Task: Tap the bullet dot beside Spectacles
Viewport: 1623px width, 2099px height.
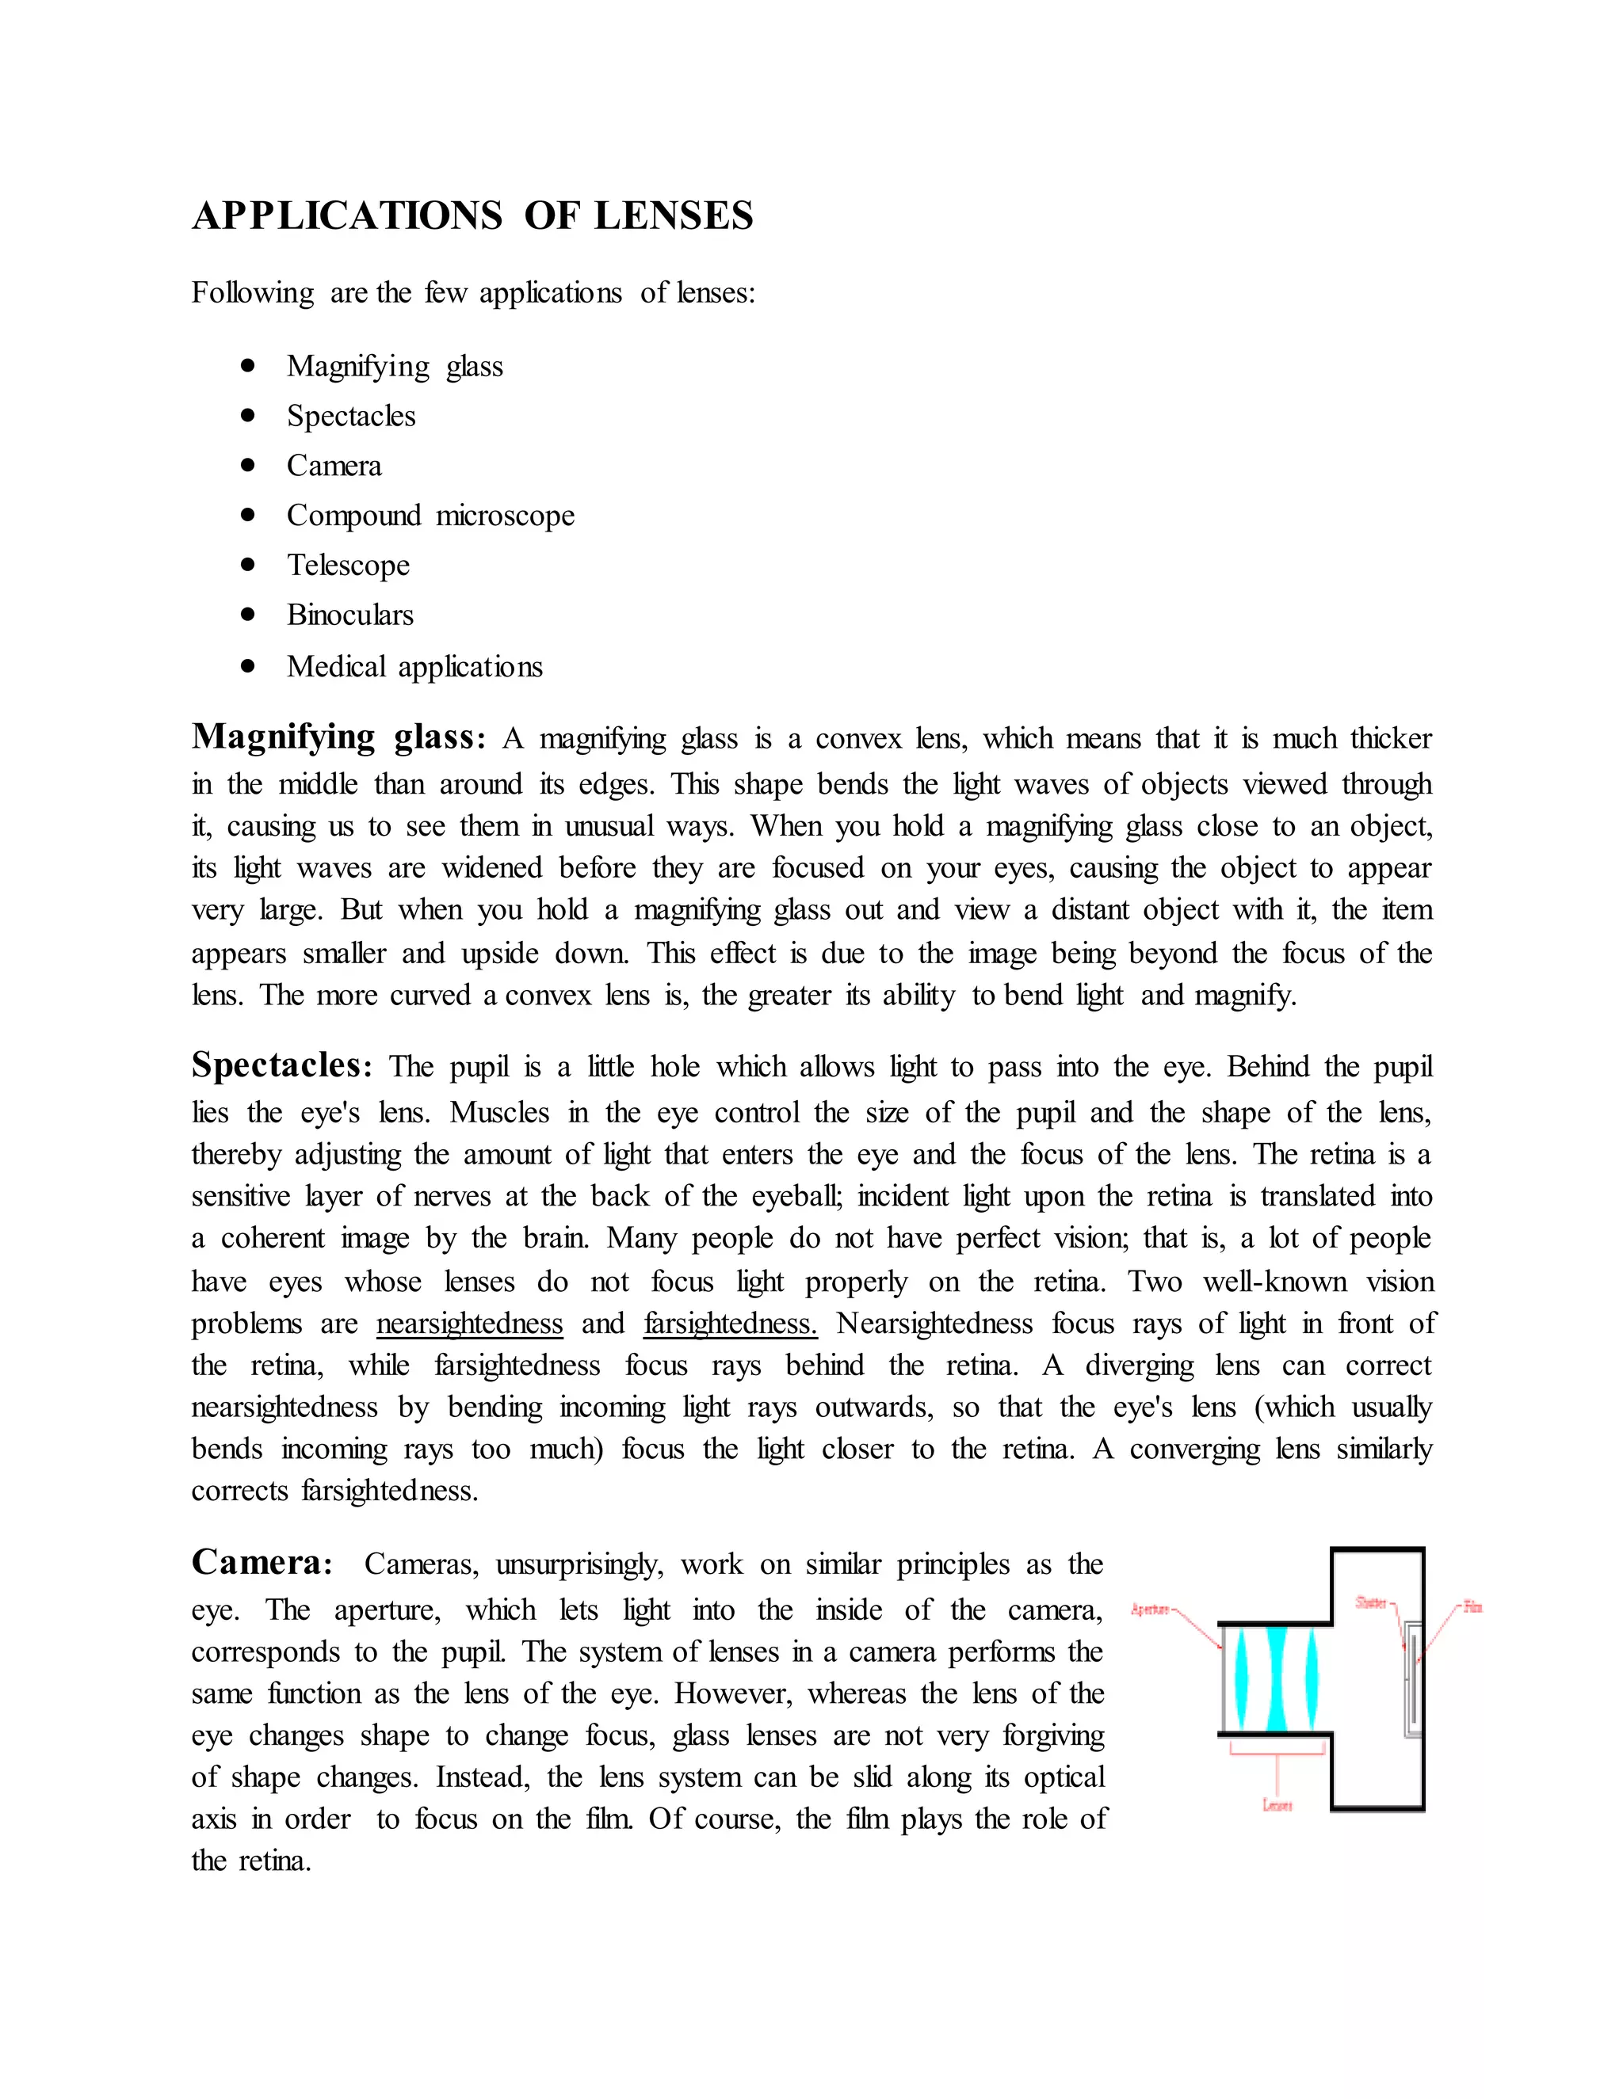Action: (248, 415)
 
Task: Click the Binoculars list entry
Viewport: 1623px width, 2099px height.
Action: (350, 615)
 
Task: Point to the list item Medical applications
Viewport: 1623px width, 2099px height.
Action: (414, 666)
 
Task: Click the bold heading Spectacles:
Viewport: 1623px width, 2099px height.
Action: (281, 1065)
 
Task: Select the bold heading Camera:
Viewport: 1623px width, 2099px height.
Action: (262, 1562)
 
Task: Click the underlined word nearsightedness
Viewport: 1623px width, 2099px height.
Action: (469, 1324)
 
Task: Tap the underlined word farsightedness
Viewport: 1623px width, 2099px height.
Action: (730, 1324)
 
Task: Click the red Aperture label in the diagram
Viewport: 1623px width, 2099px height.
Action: (1150, 1609)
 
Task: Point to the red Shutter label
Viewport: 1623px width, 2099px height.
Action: (1370, 1602)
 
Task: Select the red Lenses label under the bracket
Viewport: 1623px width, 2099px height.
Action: (1277, 1806)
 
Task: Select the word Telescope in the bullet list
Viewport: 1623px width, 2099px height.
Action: (348, 565)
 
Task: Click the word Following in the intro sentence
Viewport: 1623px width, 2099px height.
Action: (253, 292)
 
